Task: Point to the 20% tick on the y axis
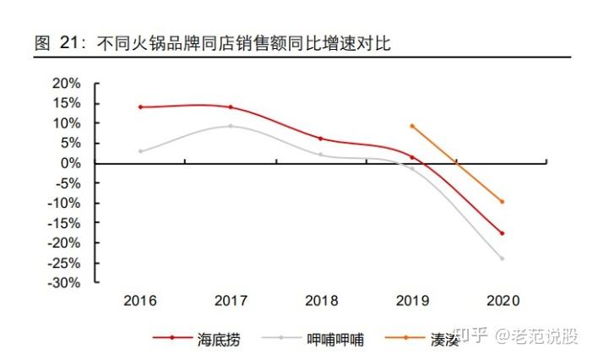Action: coord(66,84)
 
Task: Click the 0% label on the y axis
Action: coord(71,163)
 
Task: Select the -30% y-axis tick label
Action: coord(64,283)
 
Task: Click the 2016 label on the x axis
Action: coord(140,301)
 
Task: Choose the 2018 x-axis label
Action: coord(321,301)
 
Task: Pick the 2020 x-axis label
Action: coord(503,301)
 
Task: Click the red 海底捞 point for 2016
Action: coord(140,107)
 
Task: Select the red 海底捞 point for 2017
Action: coord(231,107)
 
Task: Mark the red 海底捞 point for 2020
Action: coord(502,233)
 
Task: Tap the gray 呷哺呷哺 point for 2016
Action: coord(140,151)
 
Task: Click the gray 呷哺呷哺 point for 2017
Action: coord(231,126)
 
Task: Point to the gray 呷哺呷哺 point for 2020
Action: coord(502,259)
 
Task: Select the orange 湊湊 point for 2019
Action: coord(411,126)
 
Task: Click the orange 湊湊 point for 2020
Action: coord(502,201)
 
